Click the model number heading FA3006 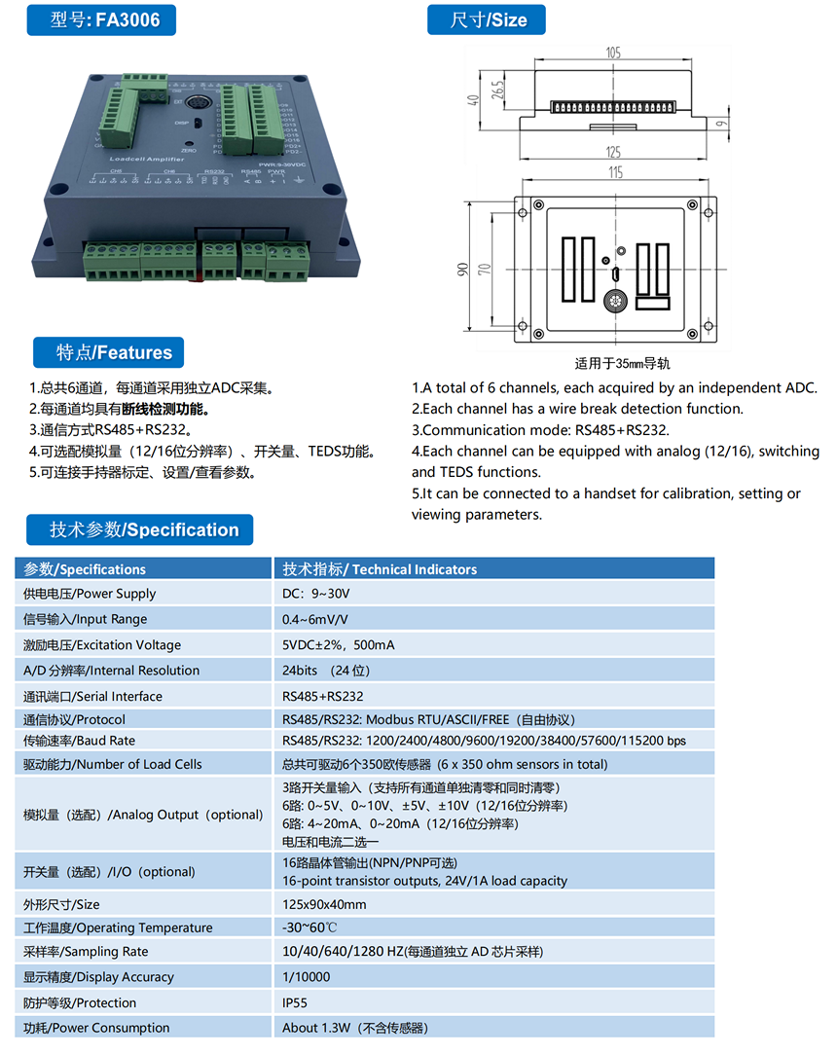click(x=105, y=19)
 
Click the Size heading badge click(x=487, y=19)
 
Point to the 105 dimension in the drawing click(x=613, y=54)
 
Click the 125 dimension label click(x=613, y=152)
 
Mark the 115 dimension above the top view click(x=613, y=172)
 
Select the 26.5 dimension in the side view click(x=497, y=91)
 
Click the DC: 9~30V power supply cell click(x=316, y=594)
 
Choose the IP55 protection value click(x=297, y=1002)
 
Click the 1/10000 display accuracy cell click(x=307, y=977)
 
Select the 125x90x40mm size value click(x=324, y=904)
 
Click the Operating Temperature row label click(x=118, y=928)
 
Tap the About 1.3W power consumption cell click(x=355, y=1028)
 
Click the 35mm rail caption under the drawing click(x=622, y=364)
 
